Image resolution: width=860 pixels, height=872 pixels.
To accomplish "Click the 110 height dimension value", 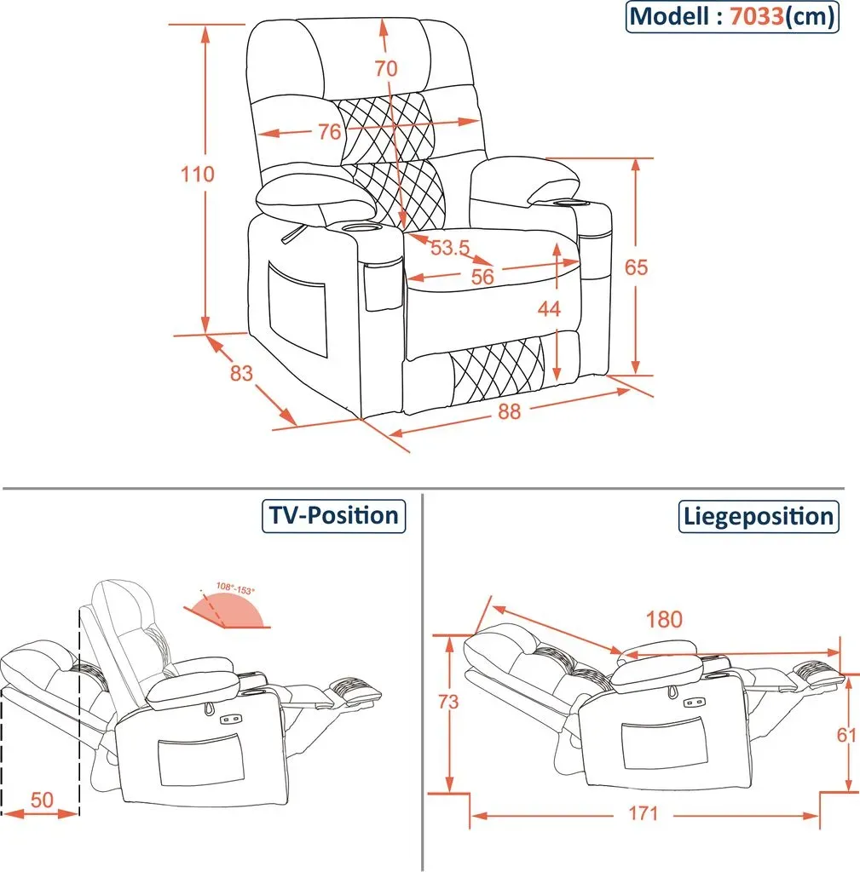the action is coord(198,174).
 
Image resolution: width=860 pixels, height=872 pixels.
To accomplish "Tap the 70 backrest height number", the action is coord(386,68).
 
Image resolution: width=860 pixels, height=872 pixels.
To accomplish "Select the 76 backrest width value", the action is coord(330,132).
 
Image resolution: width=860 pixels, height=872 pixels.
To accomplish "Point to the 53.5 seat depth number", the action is coord(450,248).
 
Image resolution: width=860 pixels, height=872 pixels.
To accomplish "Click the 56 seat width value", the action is coord(482,277).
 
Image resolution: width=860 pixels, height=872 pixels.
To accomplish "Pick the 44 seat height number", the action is coord(549,308).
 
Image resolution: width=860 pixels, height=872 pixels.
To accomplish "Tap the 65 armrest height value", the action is coord(636,267).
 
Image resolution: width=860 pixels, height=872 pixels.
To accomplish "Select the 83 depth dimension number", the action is coord(241,373).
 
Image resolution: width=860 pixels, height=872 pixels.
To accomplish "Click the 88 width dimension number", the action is coord(510,411).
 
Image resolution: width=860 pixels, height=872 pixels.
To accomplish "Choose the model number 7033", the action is coord(757,16).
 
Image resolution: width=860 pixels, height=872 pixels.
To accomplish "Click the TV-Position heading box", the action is coord(334,516).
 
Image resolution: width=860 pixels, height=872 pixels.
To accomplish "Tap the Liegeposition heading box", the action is coord(759,517).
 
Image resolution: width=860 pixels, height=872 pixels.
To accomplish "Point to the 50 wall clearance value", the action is coord(42,800).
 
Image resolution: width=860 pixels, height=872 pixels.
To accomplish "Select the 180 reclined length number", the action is coord(664,620).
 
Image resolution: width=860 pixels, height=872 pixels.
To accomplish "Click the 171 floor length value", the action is coord(644,813).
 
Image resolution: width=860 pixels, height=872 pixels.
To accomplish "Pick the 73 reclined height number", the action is coord(448,702).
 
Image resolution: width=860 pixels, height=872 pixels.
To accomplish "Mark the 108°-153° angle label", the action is coord(235,588).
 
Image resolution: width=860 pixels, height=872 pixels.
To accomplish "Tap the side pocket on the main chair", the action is coord(297,309).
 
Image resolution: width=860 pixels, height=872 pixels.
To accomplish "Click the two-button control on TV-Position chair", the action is coord(228,720).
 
